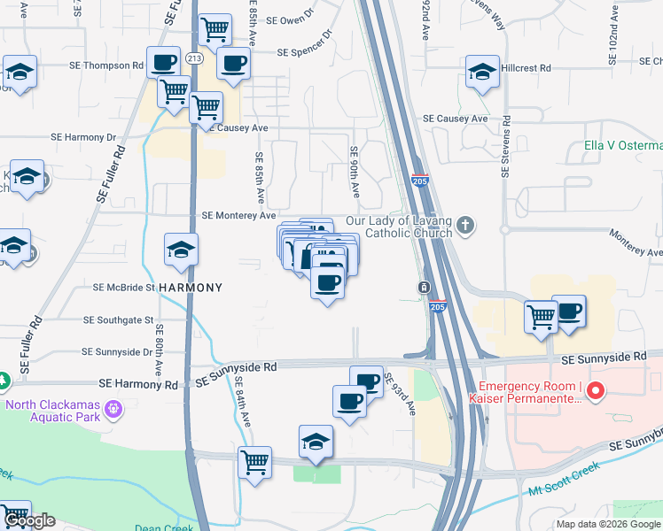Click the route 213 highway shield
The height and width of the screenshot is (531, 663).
[x=194, y=58]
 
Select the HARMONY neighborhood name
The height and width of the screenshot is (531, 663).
[x=177, y=288]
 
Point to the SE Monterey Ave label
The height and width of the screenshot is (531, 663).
[x=239, y=215]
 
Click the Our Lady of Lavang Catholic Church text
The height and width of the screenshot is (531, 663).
[x=399, y=227]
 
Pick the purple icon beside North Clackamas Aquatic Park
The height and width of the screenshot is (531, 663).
[x=113, y=409]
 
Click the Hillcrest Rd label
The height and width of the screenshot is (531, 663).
[x=526, y=67]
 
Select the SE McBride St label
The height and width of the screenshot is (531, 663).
[x=125, y=288]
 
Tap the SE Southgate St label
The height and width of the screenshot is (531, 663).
[x=119, y=319]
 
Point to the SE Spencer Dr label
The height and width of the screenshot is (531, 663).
[x=304, y=52]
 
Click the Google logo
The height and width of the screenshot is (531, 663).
[x=28, y=520]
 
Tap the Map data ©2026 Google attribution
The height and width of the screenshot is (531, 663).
[x=609, y=524]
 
